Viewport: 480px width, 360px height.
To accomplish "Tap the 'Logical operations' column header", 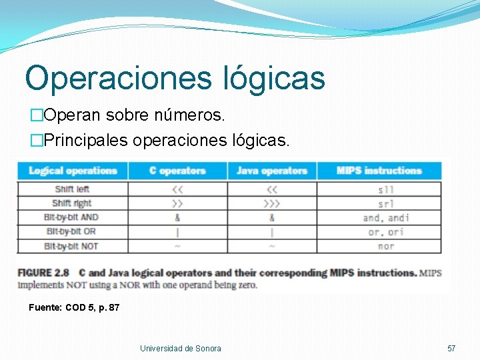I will (x=73, y=171).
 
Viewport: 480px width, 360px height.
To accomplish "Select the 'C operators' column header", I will (x=177, y=171).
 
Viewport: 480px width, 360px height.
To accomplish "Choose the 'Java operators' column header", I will (x=271, y=171).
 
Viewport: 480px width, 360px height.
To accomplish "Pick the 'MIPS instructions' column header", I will (x=379, y=171).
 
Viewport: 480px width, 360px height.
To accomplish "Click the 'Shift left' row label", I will (x=73, y=189).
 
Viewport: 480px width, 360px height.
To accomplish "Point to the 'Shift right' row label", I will (x=71, y=203).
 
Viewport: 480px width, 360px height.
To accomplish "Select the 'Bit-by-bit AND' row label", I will (x=71, y=217).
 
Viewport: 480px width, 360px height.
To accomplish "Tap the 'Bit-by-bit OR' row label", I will (x=72, y=231).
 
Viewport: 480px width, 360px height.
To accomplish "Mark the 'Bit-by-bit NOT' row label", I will (x=71, y=246).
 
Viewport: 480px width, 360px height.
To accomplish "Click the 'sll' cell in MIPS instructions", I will (x=385, y=190).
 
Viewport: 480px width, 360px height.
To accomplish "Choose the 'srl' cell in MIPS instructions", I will (x=385, y=204).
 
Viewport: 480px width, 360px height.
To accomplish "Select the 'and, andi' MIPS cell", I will (x=386, y=218).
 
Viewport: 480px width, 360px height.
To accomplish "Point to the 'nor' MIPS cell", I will (x=386, y=246).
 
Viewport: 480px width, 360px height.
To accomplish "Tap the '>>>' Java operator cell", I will (x=271, y=203).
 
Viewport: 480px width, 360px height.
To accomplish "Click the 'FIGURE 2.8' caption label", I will (x=45, y=273).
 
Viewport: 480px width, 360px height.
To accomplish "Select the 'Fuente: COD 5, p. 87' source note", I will (x=74, y=307).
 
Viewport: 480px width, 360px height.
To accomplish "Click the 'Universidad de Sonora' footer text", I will (x=180, y=348).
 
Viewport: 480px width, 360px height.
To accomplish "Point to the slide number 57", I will (x=451, y=348).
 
